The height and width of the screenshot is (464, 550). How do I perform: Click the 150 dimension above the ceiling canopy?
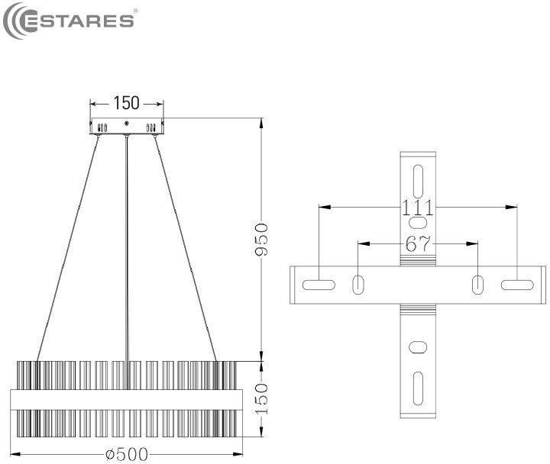[126, 103]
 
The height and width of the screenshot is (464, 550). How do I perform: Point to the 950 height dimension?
[262, 240]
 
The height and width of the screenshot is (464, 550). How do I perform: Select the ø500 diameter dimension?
[127, 455]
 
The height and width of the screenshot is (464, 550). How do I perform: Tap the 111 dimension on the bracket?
[417, 208]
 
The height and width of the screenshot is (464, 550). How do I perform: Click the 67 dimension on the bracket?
[418, 243]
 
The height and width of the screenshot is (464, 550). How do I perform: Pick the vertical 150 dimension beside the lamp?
[262, 399]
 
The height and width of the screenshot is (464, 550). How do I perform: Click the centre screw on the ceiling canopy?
[127, 124]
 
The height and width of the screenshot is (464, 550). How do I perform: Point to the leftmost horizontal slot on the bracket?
[319, 285]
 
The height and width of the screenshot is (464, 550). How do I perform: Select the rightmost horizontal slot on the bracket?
[517, 285]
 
